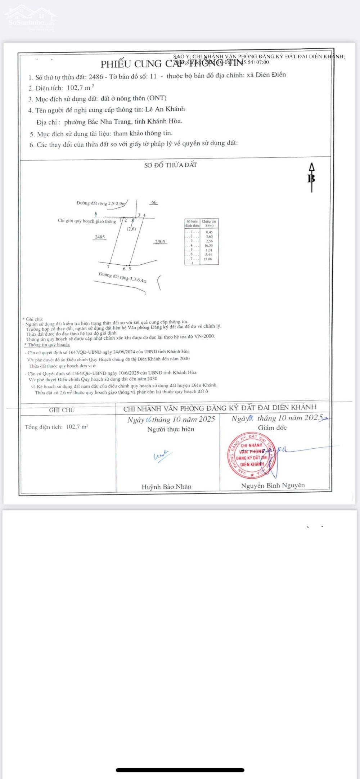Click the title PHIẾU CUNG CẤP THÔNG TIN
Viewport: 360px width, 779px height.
[172, 64]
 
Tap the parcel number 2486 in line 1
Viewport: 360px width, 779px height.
[95, 77]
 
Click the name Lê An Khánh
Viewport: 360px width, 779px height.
[165, 109]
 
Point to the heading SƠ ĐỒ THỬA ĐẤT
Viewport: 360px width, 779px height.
[171, 165]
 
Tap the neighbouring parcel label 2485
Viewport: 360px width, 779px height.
[100, 237]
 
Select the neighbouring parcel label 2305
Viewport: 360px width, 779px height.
[160, 242]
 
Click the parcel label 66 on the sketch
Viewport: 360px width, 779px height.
[154, 202]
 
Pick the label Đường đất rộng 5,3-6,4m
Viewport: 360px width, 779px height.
[123, 277]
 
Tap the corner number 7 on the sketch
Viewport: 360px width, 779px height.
[108, 267]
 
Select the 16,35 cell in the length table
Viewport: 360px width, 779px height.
[208, 246]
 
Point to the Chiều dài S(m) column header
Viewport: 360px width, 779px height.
[209, 223]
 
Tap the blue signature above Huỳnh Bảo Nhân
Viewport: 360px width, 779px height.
[162, 456]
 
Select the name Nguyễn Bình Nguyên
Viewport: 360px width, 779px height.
[273, 485]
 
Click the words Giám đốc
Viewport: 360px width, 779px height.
[272, 428]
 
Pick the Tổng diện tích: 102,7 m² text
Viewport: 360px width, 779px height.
[56, 427]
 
